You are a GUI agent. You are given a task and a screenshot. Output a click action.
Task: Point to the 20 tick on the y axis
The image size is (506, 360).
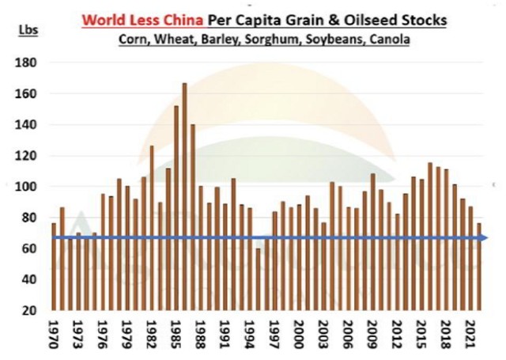(29, 311)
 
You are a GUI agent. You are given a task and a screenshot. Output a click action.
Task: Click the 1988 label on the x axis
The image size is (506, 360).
(201, 333)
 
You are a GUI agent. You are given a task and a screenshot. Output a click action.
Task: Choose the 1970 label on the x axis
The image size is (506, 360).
(54, 333)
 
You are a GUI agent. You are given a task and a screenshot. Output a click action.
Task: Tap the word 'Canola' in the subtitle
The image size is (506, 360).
(391, 37)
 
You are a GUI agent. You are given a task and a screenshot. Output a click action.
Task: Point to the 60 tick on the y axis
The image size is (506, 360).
(29, 249)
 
